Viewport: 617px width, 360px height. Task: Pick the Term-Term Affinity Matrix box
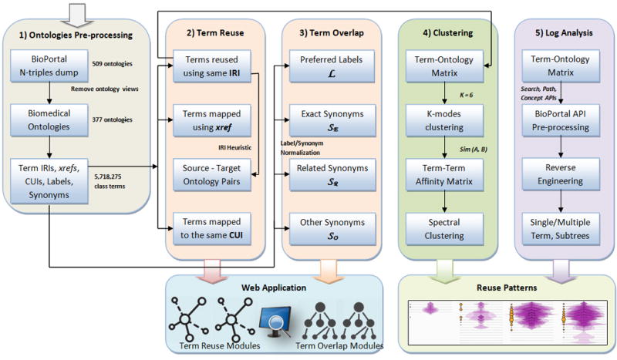pos(444,174)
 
